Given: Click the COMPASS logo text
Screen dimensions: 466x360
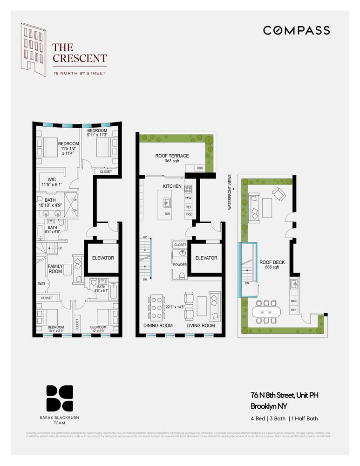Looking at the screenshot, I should point(296,31).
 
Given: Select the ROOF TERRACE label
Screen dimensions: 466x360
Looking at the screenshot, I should point(172,156).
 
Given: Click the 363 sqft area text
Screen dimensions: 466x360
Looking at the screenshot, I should point(172,161).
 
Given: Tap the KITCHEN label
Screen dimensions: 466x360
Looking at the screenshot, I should point(171,186).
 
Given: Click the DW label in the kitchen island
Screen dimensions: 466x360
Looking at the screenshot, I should point(167,214).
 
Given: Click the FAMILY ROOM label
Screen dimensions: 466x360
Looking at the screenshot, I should point(55,268).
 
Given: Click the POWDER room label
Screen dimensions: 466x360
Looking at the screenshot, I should point(180,264).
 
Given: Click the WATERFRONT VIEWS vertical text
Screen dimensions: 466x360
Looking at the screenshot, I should point(230,192).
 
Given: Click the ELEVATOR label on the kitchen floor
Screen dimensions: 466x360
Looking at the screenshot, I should point(206,258).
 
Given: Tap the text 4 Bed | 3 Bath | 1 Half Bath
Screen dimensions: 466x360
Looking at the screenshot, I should point(284,418).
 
